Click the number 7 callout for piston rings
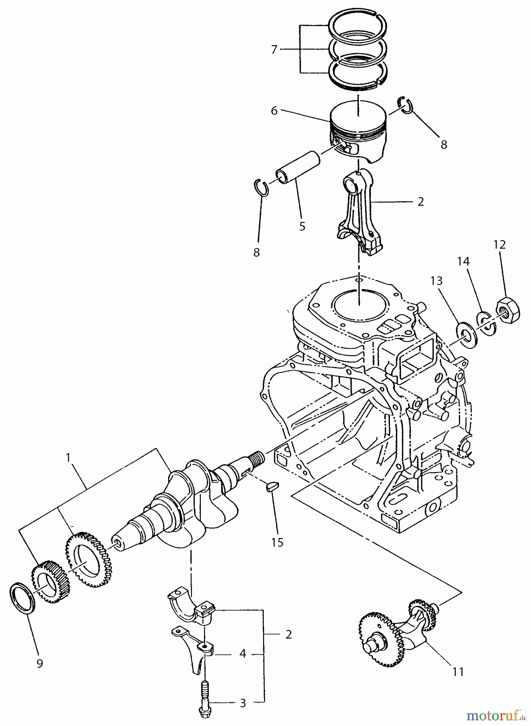click(274, 50)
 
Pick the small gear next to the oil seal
click(49, 581)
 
